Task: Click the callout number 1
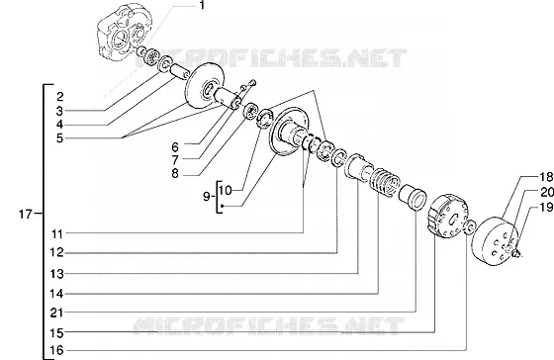point(202,5)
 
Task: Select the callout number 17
point(26,214)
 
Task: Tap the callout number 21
point(56,313)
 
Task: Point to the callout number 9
point(207,197)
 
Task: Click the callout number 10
point(226,191)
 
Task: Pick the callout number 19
point(546,207)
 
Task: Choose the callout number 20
point(546,192)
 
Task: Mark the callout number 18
point(546,176)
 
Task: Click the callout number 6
point(175,146)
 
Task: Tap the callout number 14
point(56,293)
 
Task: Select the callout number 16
point(56,350)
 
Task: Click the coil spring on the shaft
point(385,181)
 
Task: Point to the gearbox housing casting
point(125,32)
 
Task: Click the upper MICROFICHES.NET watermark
point(271,58)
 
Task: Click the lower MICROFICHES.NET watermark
point(268,325)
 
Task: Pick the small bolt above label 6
point(252,83)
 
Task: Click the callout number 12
point(56,252)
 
